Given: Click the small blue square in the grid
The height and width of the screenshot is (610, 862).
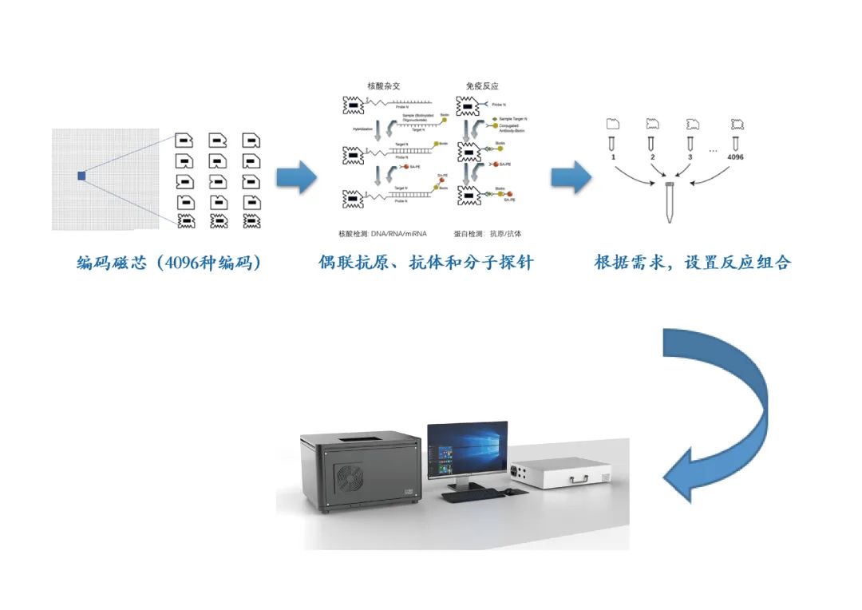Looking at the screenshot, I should (81, 176).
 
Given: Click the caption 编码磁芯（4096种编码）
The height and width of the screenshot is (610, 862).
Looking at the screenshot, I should (168, 263).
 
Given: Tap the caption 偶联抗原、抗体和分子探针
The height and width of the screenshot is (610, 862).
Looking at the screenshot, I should (425, 263).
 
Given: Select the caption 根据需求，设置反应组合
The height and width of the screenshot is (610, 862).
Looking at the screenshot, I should (692, 263).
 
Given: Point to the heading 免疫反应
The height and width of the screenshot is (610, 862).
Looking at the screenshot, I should (482, 85).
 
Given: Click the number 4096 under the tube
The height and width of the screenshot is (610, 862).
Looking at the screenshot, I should (735, 157).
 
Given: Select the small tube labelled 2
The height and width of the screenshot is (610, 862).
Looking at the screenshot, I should (652, 143).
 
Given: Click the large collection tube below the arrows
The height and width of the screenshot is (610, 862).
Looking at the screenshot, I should (668, 204).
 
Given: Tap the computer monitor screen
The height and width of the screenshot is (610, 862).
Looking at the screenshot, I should (467, 451).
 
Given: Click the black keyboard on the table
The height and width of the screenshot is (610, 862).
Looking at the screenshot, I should (470, 495).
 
